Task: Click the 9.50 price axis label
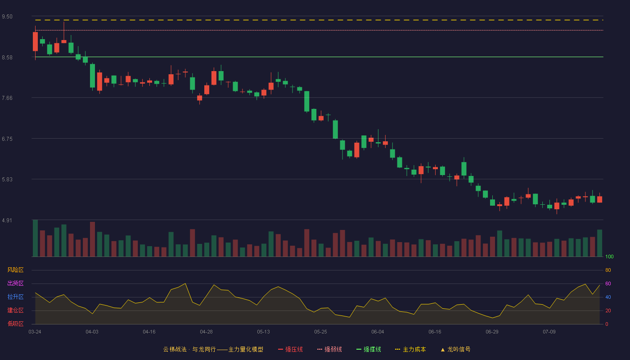(x=7, y=17)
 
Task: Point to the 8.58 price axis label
(x=7, y=58)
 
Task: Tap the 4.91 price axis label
(x=7, y=220)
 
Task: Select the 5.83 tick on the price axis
(x=7, y=180)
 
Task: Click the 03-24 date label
(x=35, y=332)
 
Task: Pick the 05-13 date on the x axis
(x=263, y=332)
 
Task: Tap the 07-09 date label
(x=549, y=332)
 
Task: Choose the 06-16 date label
(x=435, y=332)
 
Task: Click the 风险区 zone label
(x=15, y=270)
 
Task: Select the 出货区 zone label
(x=15, y=283)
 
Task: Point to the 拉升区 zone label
(x=15, y=297)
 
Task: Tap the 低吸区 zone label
(x=15, y=324)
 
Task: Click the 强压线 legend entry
(x=290, y=349)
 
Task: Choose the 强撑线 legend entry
(x=369, y=349)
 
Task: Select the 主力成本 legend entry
(x=410, y=349)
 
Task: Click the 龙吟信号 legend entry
(x=455, y=349)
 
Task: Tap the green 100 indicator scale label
(x=609, y=256)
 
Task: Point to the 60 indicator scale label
(x=608, y=283)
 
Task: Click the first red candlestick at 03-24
(x=35, y=41)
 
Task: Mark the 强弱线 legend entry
(x=329, y=349)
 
